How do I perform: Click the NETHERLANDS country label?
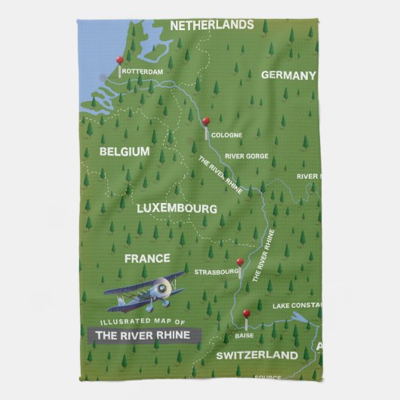[x=211, y=25]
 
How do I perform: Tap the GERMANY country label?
[x=288, y=75]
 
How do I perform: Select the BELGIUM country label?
[x=125, y=152]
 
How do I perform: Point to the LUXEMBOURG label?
[x=177, y=208]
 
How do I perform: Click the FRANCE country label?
[x=147, y=258]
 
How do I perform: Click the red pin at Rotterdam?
[x=119, y=60]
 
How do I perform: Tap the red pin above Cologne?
[x=205, y=121]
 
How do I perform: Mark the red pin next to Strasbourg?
[x=239, y=263]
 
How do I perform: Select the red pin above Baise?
[x=245, y=313]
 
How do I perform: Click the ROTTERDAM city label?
[x=142, y=72]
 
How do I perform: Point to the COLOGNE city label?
[x=226, y=135]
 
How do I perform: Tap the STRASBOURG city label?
[x=217, y=272]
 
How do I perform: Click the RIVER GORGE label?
[x=246, y=156]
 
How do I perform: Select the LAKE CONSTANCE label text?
[x=296, y=306]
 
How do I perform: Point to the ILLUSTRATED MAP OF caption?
[x=131, y=322]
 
